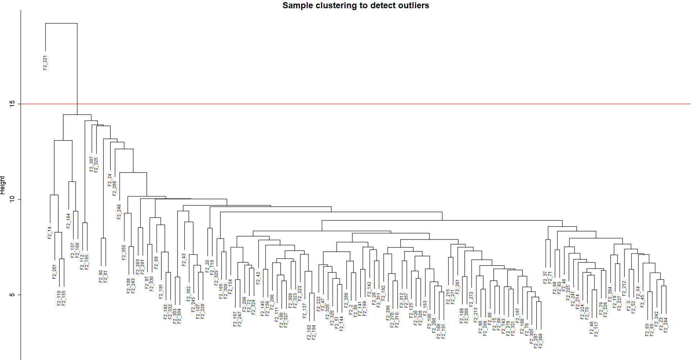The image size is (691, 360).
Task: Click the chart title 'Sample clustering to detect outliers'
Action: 356,5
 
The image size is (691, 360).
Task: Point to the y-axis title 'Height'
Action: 3,185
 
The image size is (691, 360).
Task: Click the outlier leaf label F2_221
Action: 45,63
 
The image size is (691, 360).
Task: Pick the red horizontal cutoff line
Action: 360,104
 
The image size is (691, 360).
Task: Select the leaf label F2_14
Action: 50,233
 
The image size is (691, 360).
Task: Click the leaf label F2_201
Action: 55,272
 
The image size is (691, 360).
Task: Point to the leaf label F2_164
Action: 68,221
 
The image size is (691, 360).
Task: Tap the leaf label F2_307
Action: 91,164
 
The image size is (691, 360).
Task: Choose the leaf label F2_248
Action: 119,212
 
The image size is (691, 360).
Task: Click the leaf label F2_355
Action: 124,252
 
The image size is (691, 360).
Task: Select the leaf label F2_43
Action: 184,260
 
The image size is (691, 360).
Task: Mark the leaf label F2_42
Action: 258,278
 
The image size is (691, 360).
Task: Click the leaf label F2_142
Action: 369,288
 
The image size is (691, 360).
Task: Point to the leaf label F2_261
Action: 457,287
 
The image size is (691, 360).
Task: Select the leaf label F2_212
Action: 624,288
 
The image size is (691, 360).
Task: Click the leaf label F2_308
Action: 541,341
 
